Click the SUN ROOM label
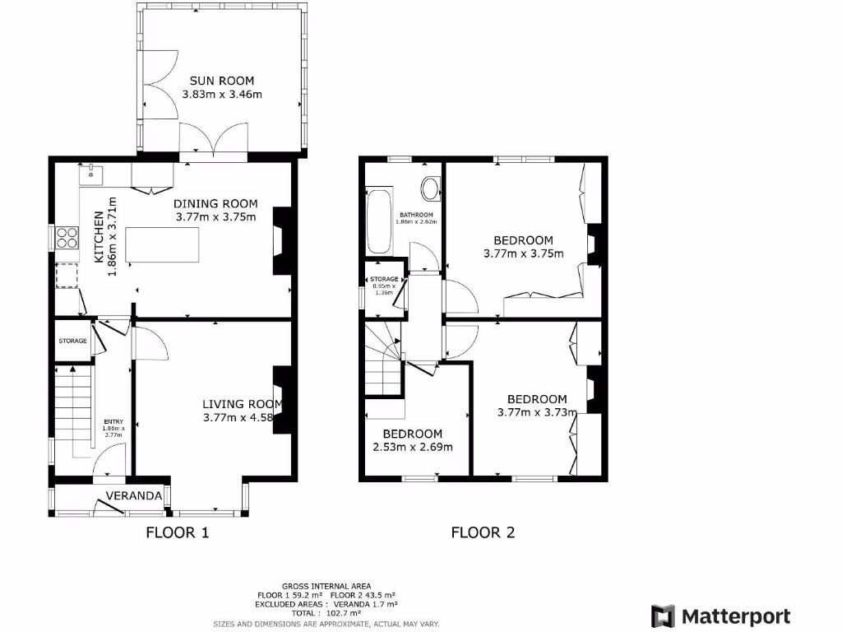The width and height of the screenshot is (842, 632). [222, 81]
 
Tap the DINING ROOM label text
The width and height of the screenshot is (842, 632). [216, 204]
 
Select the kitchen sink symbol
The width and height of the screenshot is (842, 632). [88, 174]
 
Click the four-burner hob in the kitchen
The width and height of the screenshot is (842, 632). [67, 237]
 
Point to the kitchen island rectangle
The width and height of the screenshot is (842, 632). [162, 244]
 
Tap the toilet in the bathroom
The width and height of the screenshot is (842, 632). [430, 188]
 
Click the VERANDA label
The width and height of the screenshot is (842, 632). [132, 495]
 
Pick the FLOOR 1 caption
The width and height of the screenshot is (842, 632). [178, 532]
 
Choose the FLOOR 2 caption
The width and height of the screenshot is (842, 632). [483, 532]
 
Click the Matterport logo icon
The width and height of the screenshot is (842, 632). [663, 616]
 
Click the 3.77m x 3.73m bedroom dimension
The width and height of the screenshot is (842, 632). [537, 413]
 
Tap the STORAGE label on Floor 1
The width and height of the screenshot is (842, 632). [72, 341]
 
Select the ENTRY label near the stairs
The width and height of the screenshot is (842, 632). [113, 422]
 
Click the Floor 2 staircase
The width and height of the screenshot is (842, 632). [382, 360]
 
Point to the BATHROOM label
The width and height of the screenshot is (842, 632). [417, 215]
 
